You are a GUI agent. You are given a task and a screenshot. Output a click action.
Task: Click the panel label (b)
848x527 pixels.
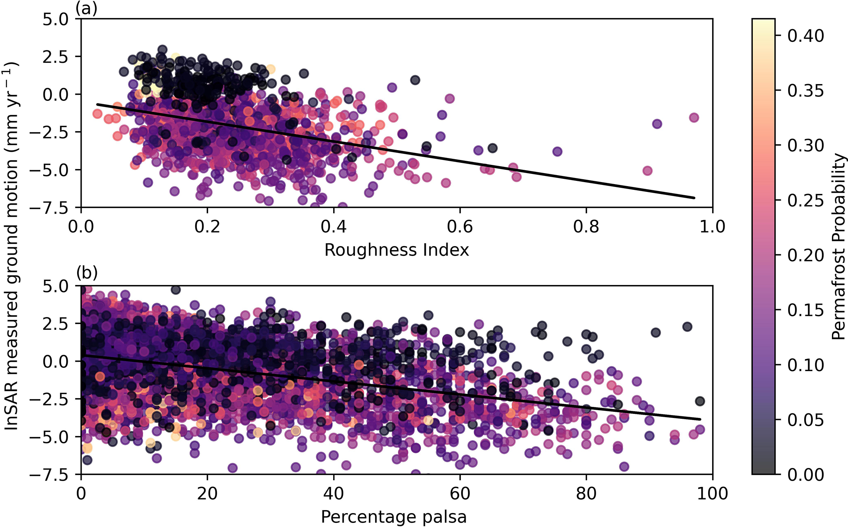coord(86,273)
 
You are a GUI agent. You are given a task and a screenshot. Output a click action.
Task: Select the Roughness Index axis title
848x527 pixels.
coord(396,250)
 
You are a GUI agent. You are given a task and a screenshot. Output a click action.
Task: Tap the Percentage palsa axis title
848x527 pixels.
coord(393,517)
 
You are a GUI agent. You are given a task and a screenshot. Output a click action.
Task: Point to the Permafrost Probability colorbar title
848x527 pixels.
coord(839,246)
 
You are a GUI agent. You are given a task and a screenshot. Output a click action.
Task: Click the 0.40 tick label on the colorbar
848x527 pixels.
coord(805,36)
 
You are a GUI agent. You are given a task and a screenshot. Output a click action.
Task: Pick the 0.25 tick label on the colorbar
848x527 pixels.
coord(805,201)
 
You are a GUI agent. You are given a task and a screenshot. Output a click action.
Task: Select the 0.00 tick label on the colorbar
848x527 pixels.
coord(805,475)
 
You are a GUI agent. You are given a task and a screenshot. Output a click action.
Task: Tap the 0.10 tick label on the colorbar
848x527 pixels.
coord(805,365)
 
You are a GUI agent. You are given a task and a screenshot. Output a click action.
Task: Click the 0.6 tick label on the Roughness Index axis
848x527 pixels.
coord(460,226)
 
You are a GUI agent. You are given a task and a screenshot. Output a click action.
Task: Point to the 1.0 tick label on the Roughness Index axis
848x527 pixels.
coord(712,226)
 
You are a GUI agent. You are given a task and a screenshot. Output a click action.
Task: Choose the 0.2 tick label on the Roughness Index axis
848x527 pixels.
coord(207,226)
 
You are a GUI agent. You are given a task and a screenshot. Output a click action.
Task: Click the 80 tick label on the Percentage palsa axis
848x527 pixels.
coord(586,493)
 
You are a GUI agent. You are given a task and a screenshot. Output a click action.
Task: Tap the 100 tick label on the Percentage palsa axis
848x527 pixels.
coord(712,493)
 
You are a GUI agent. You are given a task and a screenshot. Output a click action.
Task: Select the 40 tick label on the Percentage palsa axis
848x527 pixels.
coord(334,493)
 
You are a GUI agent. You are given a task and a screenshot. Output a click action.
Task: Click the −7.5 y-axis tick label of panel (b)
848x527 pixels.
coord(56,475)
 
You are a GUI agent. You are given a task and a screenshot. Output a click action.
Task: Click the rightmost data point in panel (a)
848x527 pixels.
coord(694,118)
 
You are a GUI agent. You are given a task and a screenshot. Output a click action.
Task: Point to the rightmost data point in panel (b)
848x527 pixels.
coord(700,429)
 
